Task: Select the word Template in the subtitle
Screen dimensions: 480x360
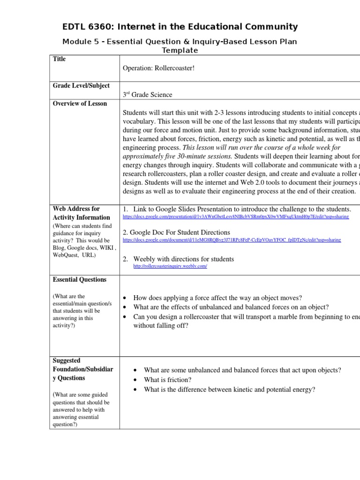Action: (x=180, y=51)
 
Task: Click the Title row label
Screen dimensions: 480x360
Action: (x=60, y=59)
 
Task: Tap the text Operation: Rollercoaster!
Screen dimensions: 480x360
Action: (x=158, y=68)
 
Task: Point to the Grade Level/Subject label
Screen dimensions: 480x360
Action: (x=81, y=86)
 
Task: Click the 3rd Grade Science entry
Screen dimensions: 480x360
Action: (x=147, y=95)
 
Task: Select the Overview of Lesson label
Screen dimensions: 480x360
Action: (x=80, y=104)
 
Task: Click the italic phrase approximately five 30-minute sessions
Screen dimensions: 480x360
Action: (x=177, y=156)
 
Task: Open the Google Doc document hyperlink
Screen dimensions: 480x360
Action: (x=232, y=240)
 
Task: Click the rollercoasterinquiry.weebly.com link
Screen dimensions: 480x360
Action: (x=170, y=266)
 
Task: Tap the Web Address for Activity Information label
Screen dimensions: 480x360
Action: (x=76, y=213)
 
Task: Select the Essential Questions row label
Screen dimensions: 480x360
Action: (x=79, y=280)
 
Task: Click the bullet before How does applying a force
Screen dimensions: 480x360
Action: (x=125, y=298)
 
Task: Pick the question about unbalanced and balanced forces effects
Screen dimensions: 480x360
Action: (x=231, y=307)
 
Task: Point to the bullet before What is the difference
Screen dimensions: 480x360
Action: (x=135, y=390)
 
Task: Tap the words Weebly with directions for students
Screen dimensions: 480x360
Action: (x=183, y=259)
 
